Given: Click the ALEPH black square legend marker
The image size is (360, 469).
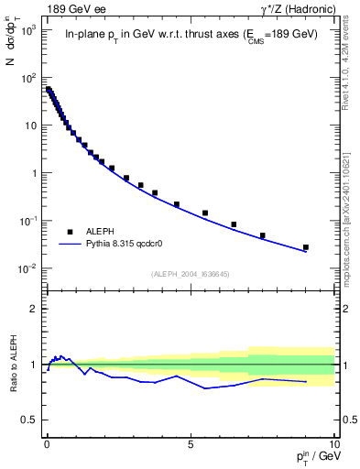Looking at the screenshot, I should point(70,233).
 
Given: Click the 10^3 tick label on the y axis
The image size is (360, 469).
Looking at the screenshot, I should point(29,30).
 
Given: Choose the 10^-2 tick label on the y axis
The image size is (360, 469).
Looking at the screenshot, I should point(29,268).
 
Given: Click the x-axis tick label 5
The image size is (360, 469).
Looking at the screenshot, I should point(190,442).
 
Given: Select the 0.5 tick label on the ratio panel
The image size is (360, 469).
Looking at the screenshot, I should point(30,420).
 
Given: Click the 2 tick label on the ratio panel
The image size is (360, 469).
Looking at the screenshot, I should point(35,309).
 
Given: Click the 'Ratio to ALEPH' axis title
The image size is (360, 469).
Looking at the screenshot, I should point(13,365).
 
